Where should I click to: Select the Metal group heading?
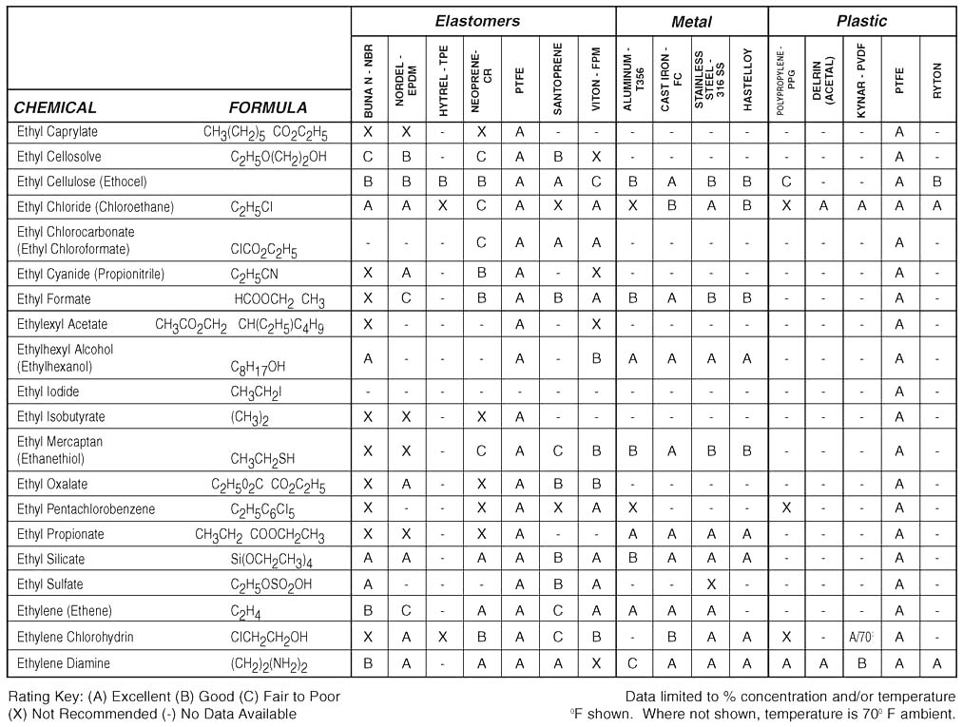pos(691,21)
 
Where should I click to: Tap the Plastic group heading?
pos(861,20)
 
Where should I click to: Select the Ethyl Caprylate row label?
pos(57,131)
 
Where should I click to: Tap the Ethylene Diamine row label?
pos(64,662)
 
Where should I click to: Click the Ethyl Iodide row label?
pos(48,392)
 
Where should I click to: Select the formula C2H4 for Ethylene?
pos(244,611)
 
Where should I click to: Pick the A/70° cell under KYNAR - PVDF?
pos(861,637)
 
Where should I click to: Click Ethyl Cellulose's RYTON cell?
pos(937,182)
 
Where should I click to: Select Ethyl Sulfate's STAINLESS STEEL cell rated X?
pos(710,584)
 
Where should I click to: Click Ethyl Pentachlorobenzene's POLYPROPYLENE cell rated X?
pos(786,508)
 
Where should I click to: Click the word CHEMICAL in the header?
pos(55,107)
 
